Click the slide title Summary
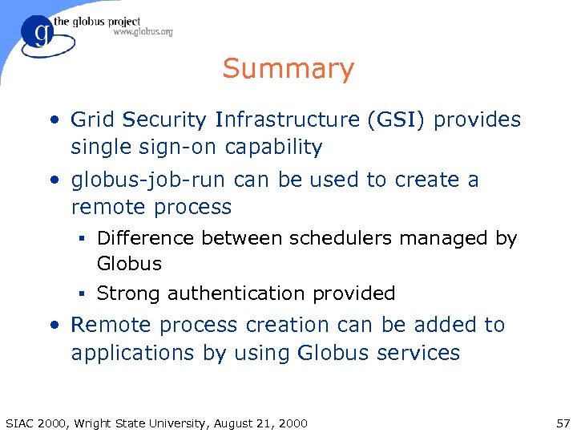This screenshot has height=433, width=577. point(288,69)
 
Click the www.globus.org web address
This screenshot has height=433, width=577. point(143,32)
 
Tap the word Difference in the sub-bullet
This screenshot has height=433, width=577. point(145,238)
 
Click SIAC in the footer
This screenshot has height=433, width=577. point(21,423)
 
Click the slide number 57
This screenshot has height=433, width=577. point(561,423)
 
